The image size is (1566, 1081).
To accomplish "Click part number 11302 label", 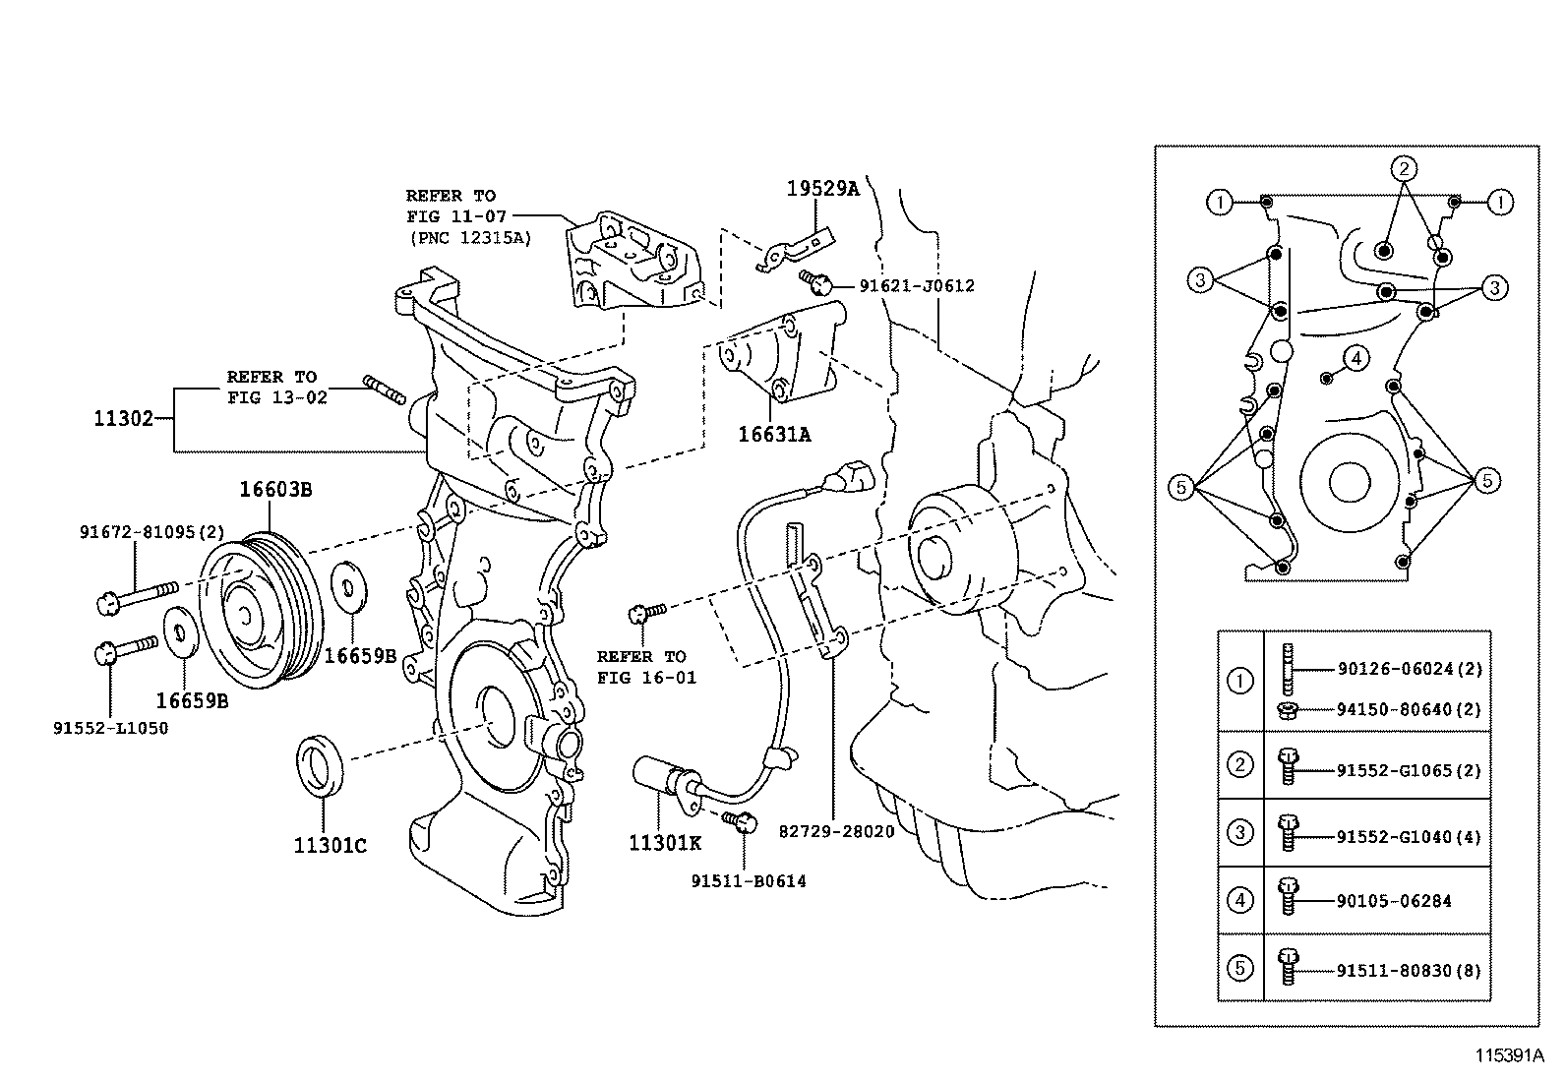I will [123, 418].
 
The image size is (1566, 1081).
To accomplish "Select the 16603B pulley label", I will [275, 489].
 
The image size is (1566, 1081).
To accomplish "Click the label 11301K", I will [665, 843].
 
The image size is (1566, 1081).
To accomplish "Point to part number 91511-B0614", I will [748, 881].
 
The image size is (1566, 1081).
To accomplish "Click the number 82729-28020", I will [836, 831].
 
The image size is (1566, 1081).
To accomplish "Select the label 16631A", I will [774, 434].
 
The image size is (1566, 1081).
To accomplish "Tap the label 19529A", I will [821, 189].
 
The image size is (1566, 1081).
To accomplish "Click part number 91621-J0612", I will [916, 286].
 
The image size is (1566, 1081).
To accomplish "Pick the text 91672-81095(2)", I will [138, 532].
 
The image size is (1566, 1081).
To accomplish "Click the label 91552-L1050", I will [109, 728].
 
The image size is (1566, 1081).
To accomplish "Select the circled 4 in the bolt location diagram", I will [1355, 358].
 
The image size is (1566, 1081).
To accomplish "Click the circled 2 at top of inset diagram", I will [1404, 167].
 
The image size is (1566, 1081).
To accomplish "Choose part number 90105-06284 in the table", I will [1393, 901].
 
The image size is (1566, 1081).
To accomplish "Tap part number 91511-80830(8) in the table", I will [1408, 970].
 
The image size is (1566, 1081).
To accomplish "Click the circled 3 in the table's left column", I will [1240, 833].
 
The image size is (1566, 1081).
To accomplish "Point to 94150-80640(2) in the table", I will [1409, 709].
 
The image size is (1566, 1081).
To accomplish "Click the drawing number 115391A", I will [1508, 1055].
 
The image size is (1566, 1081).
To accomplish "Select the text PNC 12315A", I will [468, 237].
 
